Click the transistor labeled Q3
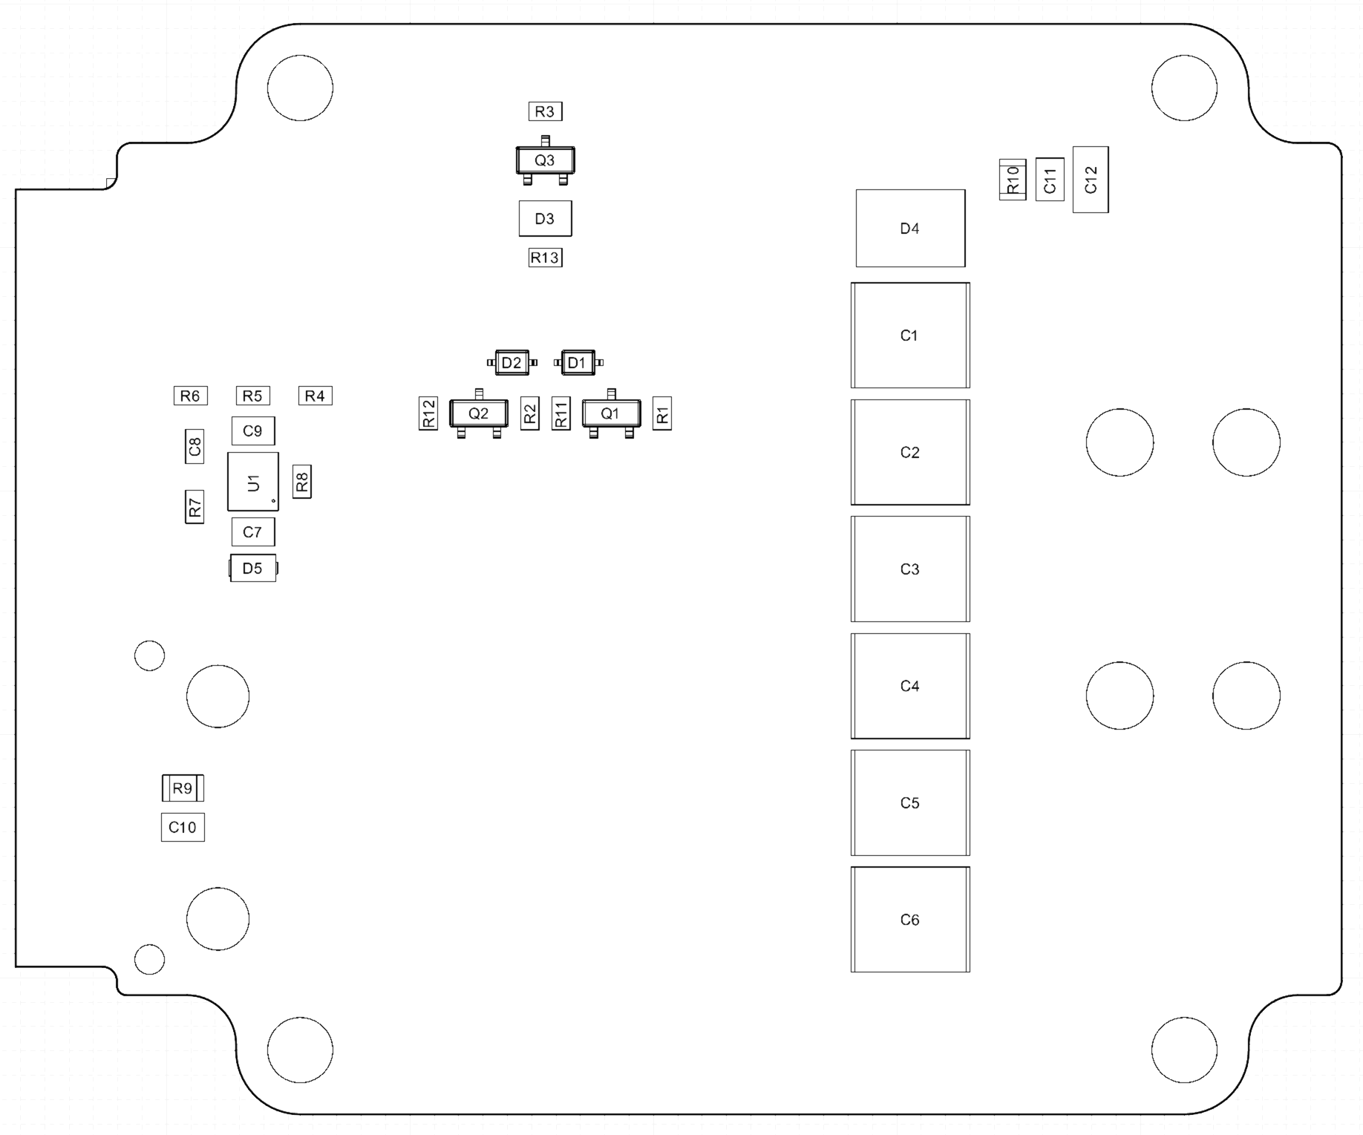(x=545, y=160)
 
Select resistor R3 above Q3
(x=545, y=111)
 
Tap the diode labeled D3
(x=545, y=218)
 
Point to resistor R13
(x=545, y=258)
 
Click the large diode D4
(x=910, y=228)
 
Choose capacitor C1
(x=910, y=335)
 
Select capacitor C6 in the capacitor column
(x=910, y=919)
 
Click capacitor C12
(x=1091, y=180)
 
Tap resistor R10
(x=1013, y=180)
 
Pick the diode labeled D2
(x=511, y=362)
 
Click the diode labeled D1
(x=578, y=362)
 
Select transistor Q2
(x=479, y=413)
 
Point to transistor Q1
(x=611, y=413)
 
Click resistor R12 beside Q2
(x=428, y=413)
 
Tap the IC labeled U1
(x=253, y=482)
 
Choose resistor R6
(x=190, y=396)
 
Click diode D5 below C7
(x=253, y=568)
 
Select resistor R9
(x=183, y=788)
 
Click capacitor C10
(x=183, y=827)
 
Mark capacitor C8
(x=195, y=446)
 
